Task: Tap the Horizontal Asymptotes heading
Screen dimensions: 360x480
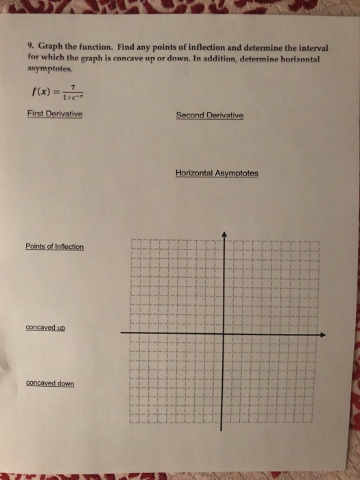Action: [217, 173]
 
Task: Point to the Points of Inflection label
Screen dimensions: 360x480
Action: [54, 247]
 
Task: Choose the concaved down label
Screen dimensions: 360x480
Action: [50, 383]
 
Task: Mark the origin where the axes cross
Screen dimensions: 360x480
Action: [224, 334]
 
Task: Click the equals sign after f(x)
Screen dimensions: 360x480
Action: [57, 91]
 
